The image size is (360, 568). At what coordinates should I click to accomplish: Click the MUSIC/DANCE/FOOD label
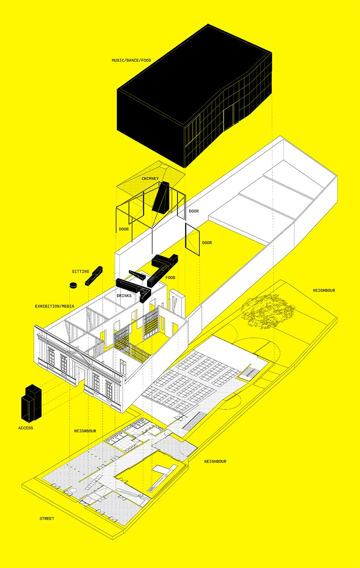(x=132, y=59)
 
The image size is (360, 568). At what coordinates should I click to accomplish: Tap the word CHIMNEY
(x=150, y=179)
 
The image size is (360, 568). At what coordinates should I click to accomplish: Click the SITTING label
(x=81, y=272)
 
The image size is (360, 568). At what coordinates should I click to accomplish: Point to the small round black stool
(x=73, y=285)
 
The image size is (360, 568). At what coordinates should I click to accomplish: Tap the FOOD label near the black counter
(x=170, y=278)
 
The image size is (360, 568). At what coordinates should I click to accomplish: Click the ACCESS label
(x=26, y=428)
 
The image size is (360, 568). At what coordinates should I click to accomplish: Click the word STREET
(x=47, y=518)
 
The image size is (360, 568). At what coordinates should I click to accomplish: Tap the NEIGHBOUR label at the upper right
(x=324, y=291)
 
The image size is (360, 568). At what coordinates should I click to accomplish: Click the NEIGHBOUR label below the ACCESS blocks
(x=85, y=431)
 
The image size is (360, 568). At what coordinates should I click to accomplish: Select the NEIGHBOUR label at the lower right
(x=215, y=461)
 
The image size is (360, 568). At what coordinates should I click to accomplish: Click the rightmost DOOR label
(x=207, y=243)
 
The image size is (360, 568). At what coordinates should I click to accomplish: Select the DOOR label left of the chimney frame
(x=124, y=229)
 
